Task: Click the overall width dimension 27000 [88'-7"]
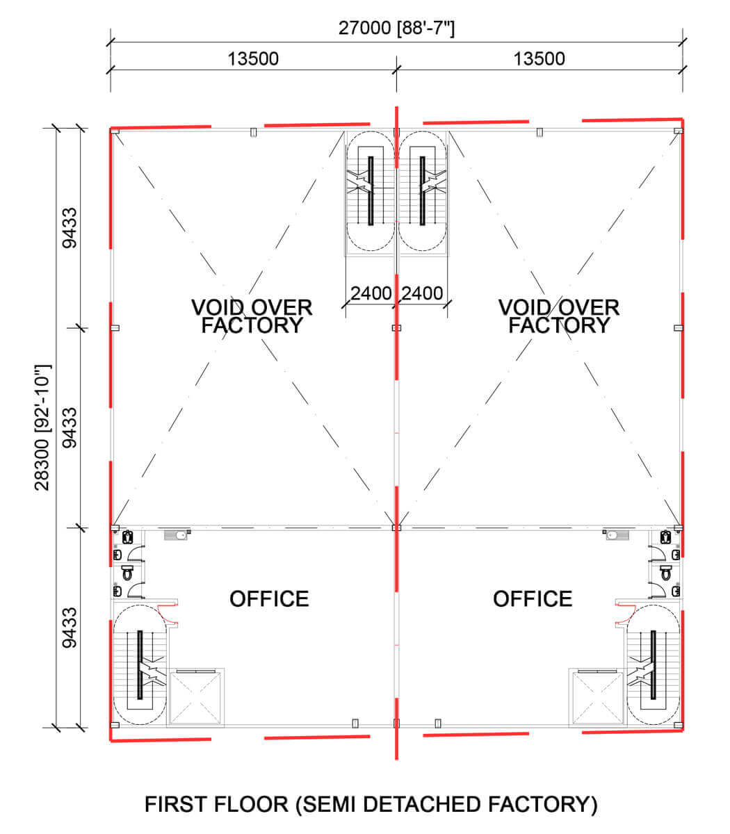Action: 396,28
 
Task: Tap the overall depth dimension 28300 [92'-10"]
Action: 42,427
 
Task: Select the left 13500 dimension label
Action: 253,58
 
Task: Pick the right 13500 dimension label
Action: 539,58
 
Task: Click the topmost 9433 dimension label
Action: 70,228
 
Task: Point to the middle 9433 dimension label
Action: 70,427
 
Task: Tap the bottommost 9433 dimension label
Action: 70,628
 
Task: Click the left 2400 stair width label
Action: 371,293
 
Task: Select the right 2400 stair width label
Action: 422,293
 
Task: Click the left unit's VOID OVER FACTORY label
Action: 252,316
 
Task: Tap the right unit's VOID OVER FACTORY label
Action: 559,316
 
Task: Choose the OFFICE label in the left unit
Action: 269,599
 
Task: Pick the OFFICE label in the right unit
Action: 533,599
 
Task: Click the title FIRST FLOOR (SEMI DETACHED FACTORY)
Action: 371,805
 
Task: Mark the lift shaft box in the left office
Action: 195,698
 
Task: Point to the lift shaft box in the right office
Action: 597,698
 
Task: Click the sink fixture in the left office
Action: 177,535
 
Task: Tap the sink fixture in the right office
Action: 615,535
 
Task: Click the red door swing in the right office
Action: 625,614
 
